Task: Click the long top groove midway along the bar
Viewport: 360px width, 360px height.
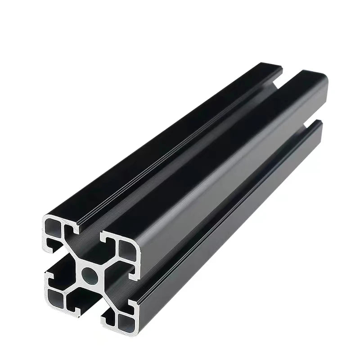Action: [x=189, y=148]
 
